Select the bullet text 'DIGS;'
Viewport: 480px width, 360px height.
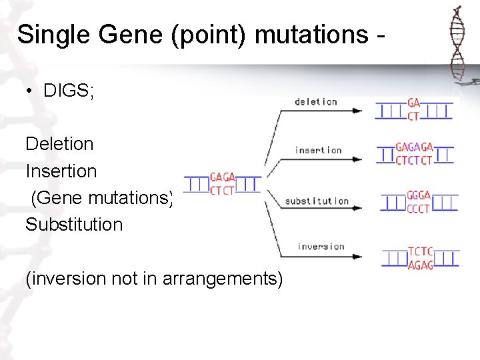click(69, 91)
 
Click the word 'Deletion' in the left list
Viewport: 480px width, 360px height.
click(59, 143)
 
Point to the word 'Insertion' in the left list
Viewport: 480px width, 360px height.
click(61, 171)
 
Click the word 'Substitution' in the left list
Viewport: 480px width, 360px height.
click(74, 224)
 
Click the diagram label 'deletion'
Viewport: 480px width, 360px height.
click(315, 102)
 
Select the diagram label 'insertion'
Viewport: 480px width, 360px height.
click(318, 150)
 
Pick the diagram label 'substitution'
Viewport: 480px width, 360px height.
click(317, 201)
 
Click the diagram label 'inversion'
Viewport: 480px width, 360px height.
click(321, 247)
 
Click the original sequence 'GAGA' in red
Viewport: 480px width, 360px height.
click(222, 177)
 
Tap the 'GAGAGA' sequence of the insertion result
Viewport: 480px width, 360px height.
click(414, 147)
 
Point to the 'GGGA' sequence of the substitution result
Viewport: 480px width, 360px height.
click(419, 195)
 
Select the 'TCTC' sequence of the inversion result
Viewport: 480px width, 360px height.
click(420, 251)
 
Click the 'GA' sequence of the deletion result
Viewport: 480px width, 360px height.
click(413, 103)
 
